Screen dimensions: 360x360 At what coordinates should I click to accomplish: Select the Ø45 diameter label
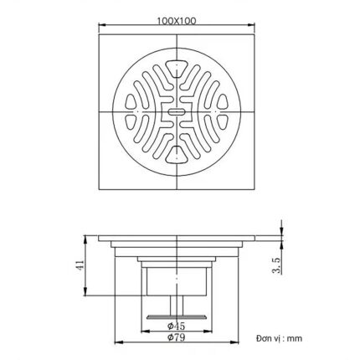(x=175, y=325)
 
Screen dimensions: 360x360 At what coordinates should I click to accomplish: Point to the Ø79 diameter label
(x=175, y=338)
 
